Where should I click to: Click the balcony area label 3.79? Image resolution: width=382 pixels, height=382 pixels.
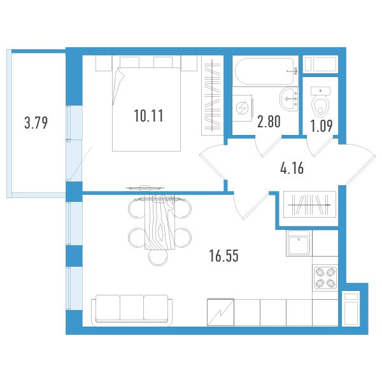click(36, 122)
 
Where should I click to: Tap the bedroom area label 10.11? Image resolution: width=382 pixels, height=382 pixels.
click(148, 115)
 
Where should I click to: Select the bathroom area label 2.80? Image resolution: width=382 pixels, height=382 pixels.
click(269, 122)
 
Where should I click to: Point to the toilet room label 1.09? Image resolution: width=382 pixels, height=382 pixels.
click(322, 126)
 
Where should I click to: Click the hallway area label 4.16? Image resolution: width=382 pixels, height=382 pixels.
click(292, 168)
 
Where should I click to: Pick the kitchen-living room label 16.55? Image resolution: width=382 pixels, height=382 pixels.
click(224, 256)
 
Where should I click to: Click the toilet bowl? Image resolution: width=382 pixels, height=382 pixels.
click(320, 103)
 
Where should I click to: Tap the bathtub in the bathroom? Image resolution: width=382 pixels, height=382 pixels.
click(265, 71)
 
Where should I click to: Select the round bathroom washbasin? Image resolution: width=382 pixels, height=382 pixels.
click(289, 99)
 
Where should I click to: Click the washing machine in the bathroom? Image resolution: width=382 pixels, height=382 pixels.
click(242, 108)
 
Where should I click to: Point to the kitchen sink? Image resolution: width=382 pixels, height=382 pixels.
click(299, 243)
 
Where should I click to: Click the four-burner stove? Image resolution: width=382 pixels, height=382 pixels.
click(325, 278)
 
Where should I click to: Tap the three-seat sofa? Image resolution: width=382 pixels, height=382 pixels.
click(132, 310)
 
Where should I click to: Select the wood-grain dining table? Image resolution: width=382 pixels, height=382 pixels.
click(160, 222)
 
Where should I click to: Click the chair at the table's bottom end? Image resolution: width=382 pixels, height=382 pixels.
click(159, 257)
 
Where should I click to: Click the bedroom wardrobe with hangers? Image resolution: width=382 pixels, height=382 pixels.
click(213, 95)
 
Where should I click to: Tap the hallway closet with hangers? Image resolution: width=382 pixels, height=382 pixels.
click(309, 204)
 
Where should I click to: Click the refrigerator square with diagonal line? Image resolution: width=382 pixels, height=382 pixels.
click(220, 313)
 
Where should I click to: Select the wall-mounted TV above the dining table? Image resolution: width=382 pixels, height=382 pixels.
click(145, 188)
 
